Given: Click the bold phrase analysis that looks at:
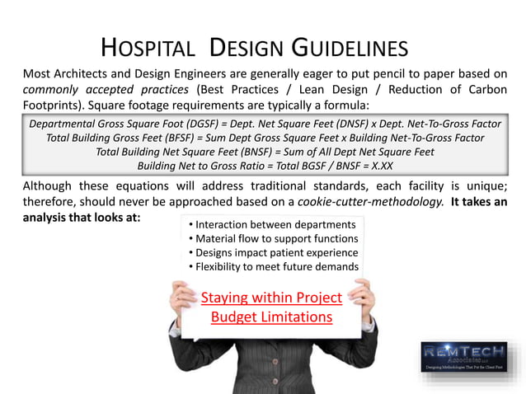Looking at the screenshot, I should click(82, 218).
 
